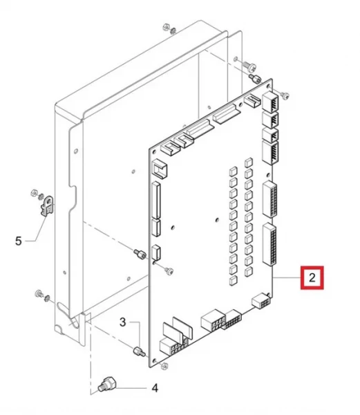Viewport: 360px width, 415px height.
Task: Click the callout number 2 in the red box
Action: coord(312,278)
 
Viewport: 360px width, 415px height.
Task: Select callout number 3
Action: coord(122,322)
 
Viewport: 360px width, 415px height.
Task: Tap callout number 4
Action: coord(155,388)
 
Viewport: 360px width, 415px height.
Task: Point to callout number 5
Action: coord(18,241)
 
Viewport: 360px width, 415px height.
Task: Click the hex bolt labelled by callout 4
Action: coord(107,385)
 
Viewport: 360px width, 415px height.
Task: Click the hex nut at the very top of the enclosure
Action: coord(167,27)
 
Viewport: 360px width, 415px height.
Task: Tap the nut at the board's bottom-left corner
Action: coord(164,366)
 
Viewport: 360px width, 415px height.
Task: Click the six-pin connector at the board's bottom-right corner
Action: coord(261,301)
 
